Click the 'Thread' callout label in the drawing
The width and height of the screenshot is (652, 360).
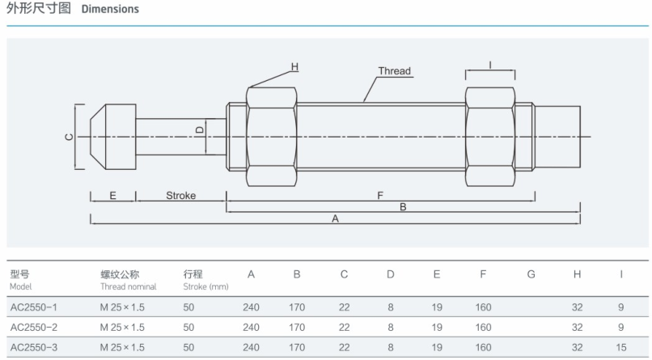[x=395, y=71]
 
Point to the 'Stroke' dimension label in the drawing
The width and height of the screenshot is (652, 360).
[x=181, y=196]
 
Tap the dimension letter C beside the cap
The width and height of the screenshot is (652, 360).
[x=70, y=136]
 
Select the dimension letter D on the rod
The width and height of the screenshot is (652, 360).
[x=200, y=129]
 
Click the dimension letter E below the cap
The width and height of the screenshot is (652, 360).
[x=112, y=196]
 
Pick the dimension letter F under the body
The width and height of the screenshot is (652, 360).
[x=379, y=196]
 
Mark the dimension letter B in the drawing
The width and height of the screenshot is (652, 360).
[x=403, y=207]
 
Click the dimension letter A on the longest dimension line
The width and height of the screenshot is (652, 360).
[x=336, y=218]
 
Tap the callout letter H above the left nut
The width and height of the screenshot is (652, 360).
[x=294, y=66]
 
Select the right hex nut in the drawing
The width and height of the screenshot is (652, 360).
[x=490, y=135]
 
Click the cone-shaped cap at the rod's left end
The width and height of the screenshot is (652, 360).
[x=112, y=135]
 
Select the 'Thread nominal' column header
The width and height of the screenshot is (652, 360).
[x=128, y=280]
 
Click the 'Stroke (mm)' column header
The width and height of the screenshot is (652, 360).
[x=205, y=280]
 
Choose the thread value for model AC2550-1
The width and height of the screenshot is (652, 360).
[x=122, y=306]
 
